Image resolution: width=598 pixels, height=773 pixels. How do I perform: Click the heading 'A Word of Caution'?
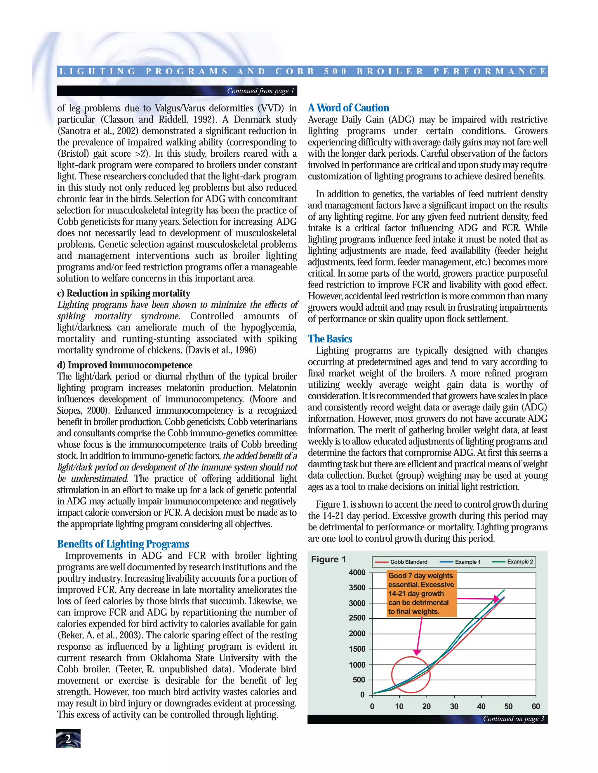tap(348, 108)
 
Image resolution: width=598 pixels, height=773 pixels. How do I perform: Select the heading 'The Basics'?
tap(330, 339)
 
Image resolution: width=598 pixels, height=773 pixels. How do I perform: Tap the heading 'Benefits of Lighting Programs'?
tap(123, 544)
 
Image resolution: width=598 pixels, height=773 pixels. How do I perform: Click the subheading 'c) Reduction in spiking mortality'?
tap(124, 293)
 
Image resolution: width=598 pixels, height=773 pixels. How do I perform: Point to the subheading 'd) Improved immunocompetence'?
tap(125, 365)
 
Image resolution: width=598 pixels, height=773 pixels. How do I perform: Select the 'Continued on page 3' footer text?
tap(513, 719)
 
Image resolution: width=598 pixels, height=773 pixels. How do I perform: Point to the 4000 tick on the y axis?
tap(357, 573)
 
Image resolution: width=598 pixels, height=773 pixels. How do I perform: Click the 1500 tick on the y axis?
tap(357, 649)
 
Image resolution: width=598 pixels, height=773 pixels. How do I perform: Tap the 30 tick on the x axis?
tap(454, 707)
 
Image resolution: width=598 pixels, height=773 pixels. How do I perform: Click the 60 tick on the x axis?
tap(536, 707)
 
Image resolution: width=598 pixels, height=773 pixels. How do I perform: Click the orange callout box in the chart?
tap(421, 594)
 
